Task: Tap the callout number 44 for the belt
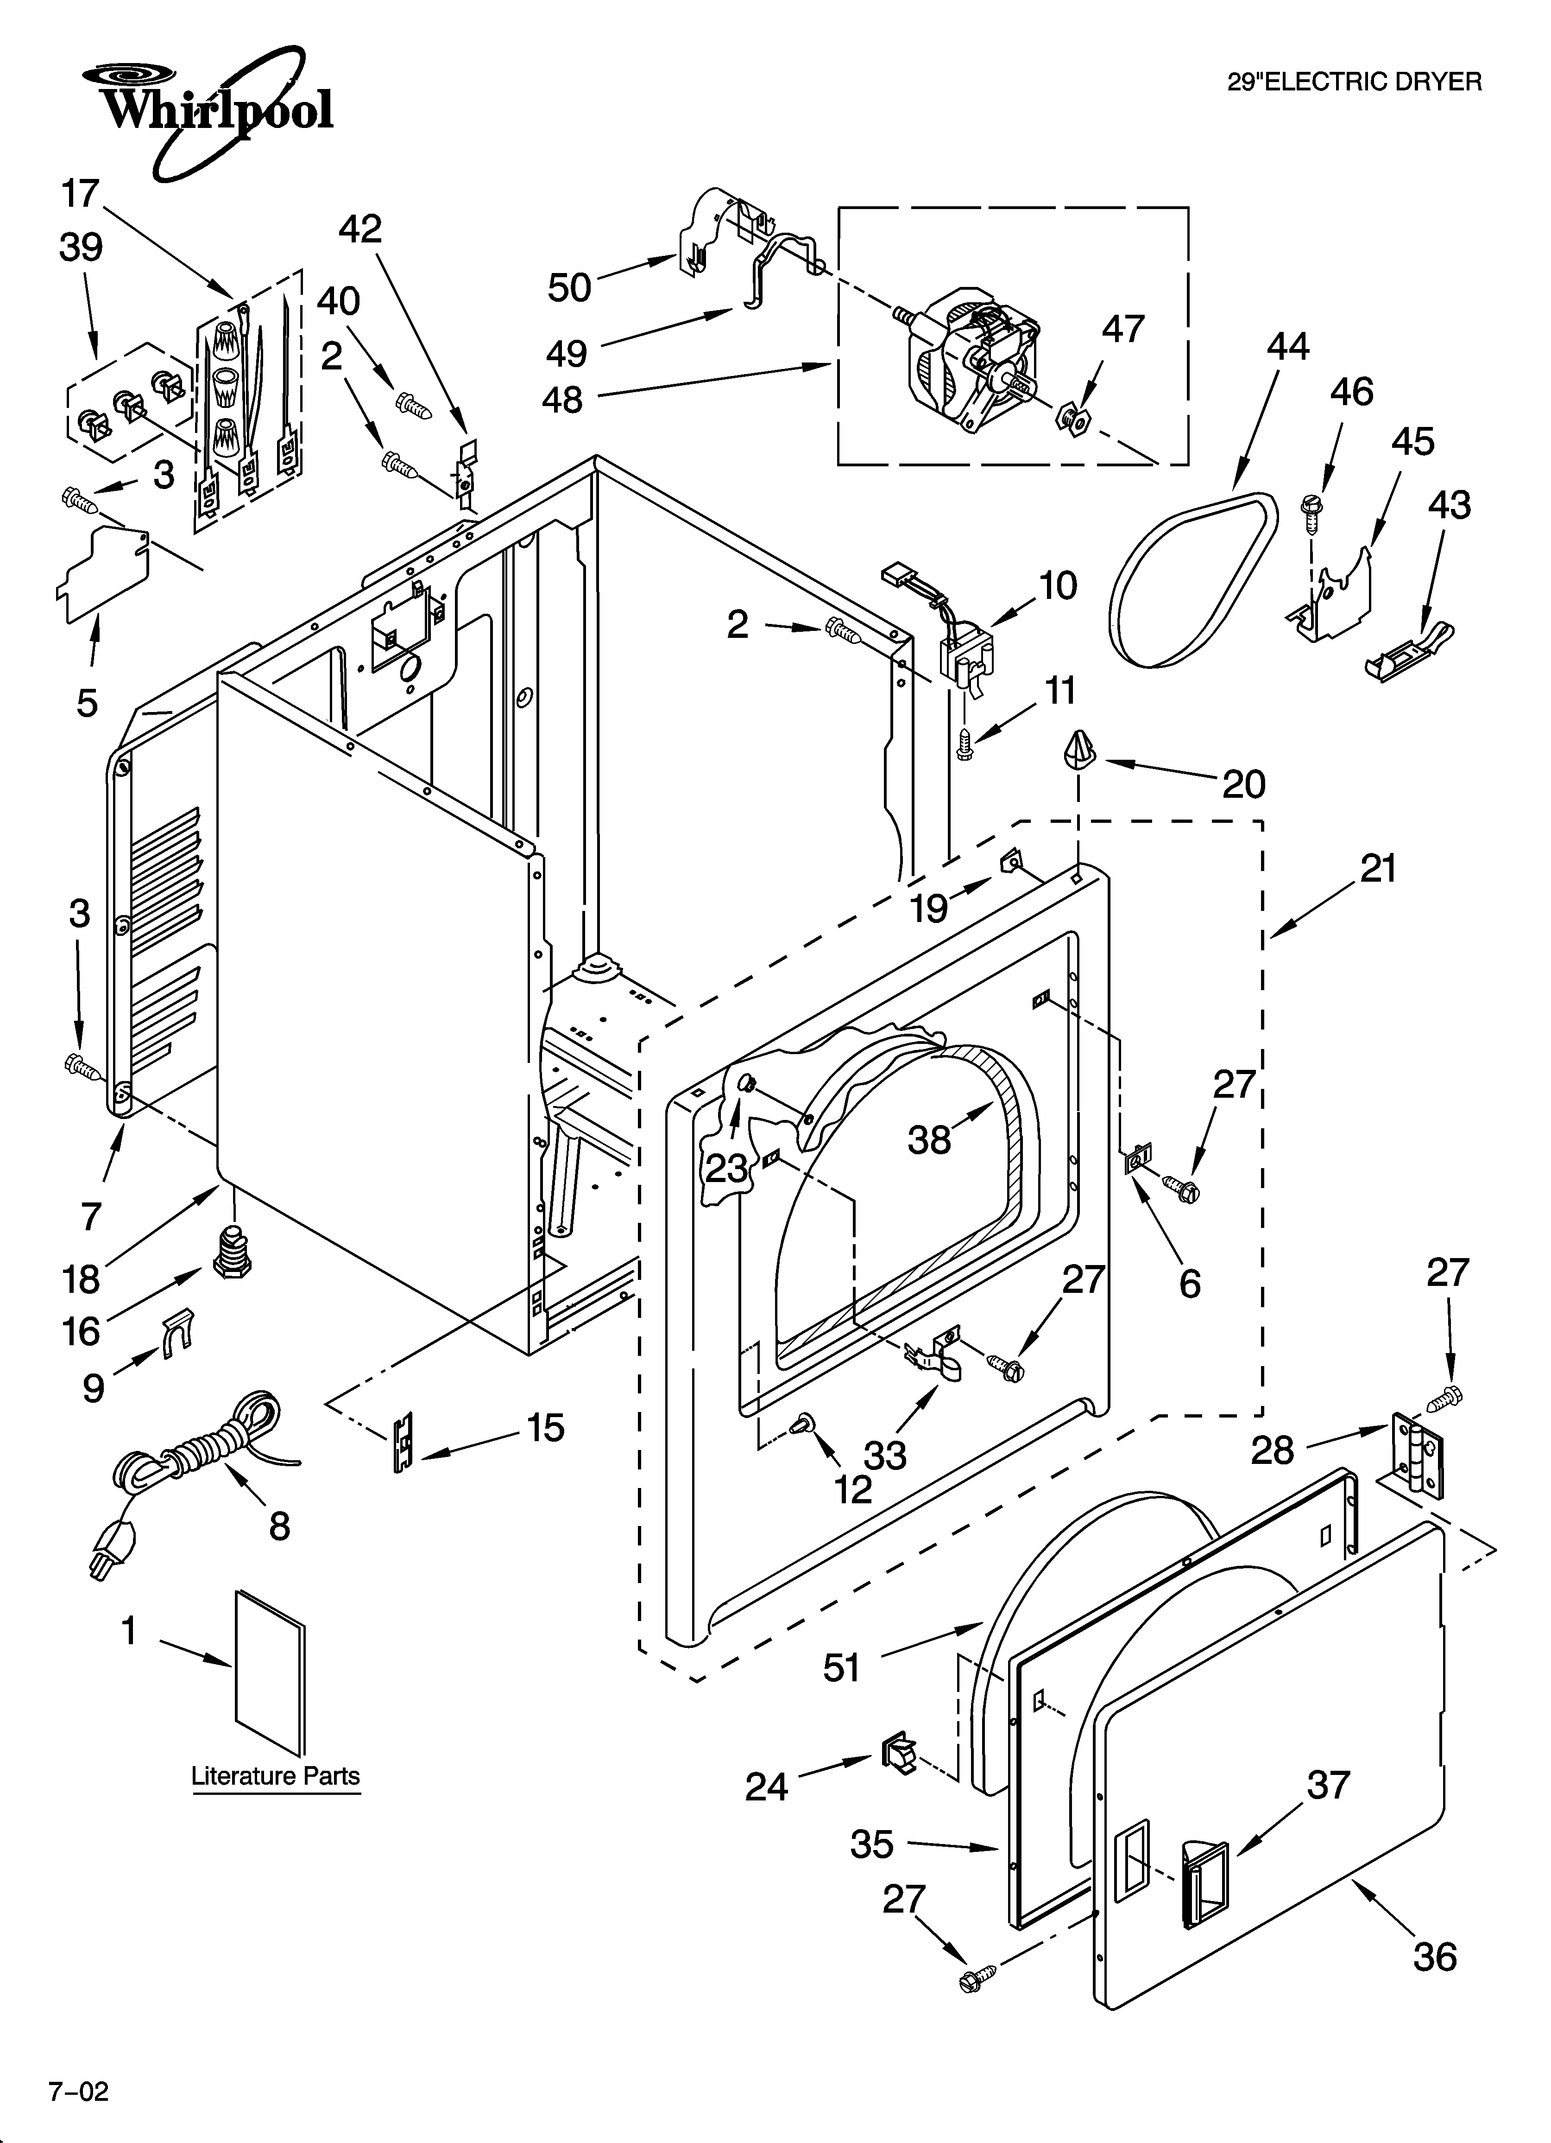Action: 1287,347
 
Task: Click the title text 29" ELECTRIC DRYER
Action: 1354,82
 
